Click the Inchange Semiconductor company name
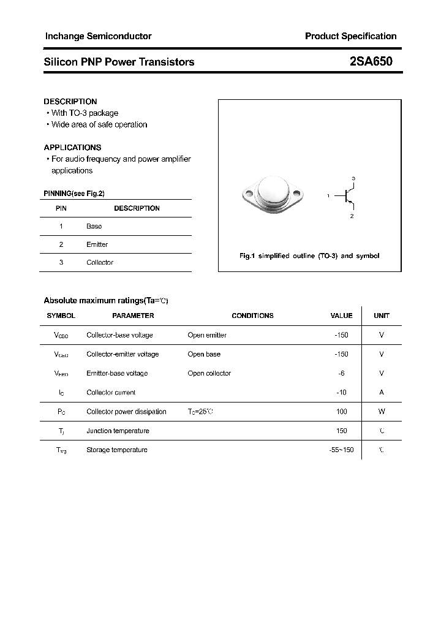coord(98,36)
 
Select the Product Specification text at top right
coord(350,36)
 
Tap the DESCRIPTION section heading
coord(70,102)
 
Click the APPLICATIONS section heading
coord(72,148)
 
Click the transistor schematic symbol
coord(348,197)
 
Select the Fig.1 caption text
coord(309,255)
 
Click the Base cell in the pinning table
coord(94,226)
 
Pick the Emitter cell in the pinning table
coord(97,244)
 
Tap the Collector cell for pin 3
coord(100,262)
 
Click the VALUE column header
coord(341,316)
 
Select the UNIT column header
coord(382,316)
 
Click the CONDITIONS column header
coord(252,316)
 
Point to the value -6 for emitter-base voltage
coord(342,373)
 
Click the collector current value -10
coord(342,392)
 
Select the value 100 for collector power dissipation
coord(342,412)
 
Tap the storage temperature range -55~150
coord(341,450)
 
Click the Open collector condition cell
coord(209,373)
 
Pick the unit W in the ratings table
coord(382,412)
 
